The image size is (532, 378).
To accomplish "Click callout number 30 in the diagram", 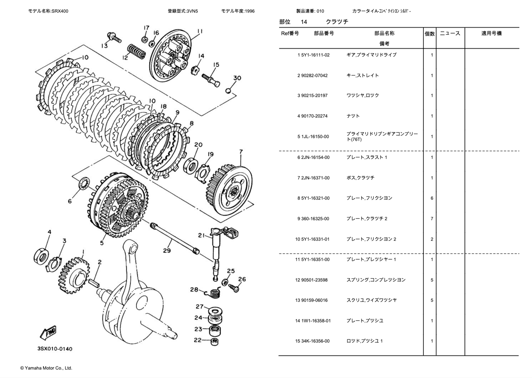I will [x=237, y=78].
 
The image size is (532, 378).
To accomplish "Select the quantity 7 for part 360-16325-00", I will [x=432, y=219].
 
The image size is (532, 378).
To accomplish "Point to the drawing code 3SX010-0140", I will [x=55, y=349].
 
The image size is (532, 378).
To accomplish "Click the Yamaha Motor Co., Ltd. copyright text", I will [x=46, y=368].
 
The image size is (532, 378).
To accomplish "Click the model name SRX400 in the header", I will [x=60, y=10].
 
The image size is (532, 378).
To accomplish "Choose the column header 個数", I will [x=430, y=34].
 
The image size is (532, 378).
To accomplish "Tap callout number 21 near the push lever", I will [x=201, y=236].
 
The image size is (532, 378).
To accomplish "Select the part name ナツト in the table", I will [x=353, y=116].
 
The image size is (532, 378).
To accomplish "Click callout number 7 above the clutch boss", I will [x=241, y=152].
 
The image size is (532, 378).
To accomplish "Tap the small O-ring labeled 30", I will [x=228, y=91].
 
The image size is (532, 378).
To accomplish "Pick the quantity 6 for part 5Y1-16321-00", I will [x=432, y=198].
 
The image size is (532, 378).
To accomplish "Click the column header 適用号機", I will [x=492, y=34].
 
